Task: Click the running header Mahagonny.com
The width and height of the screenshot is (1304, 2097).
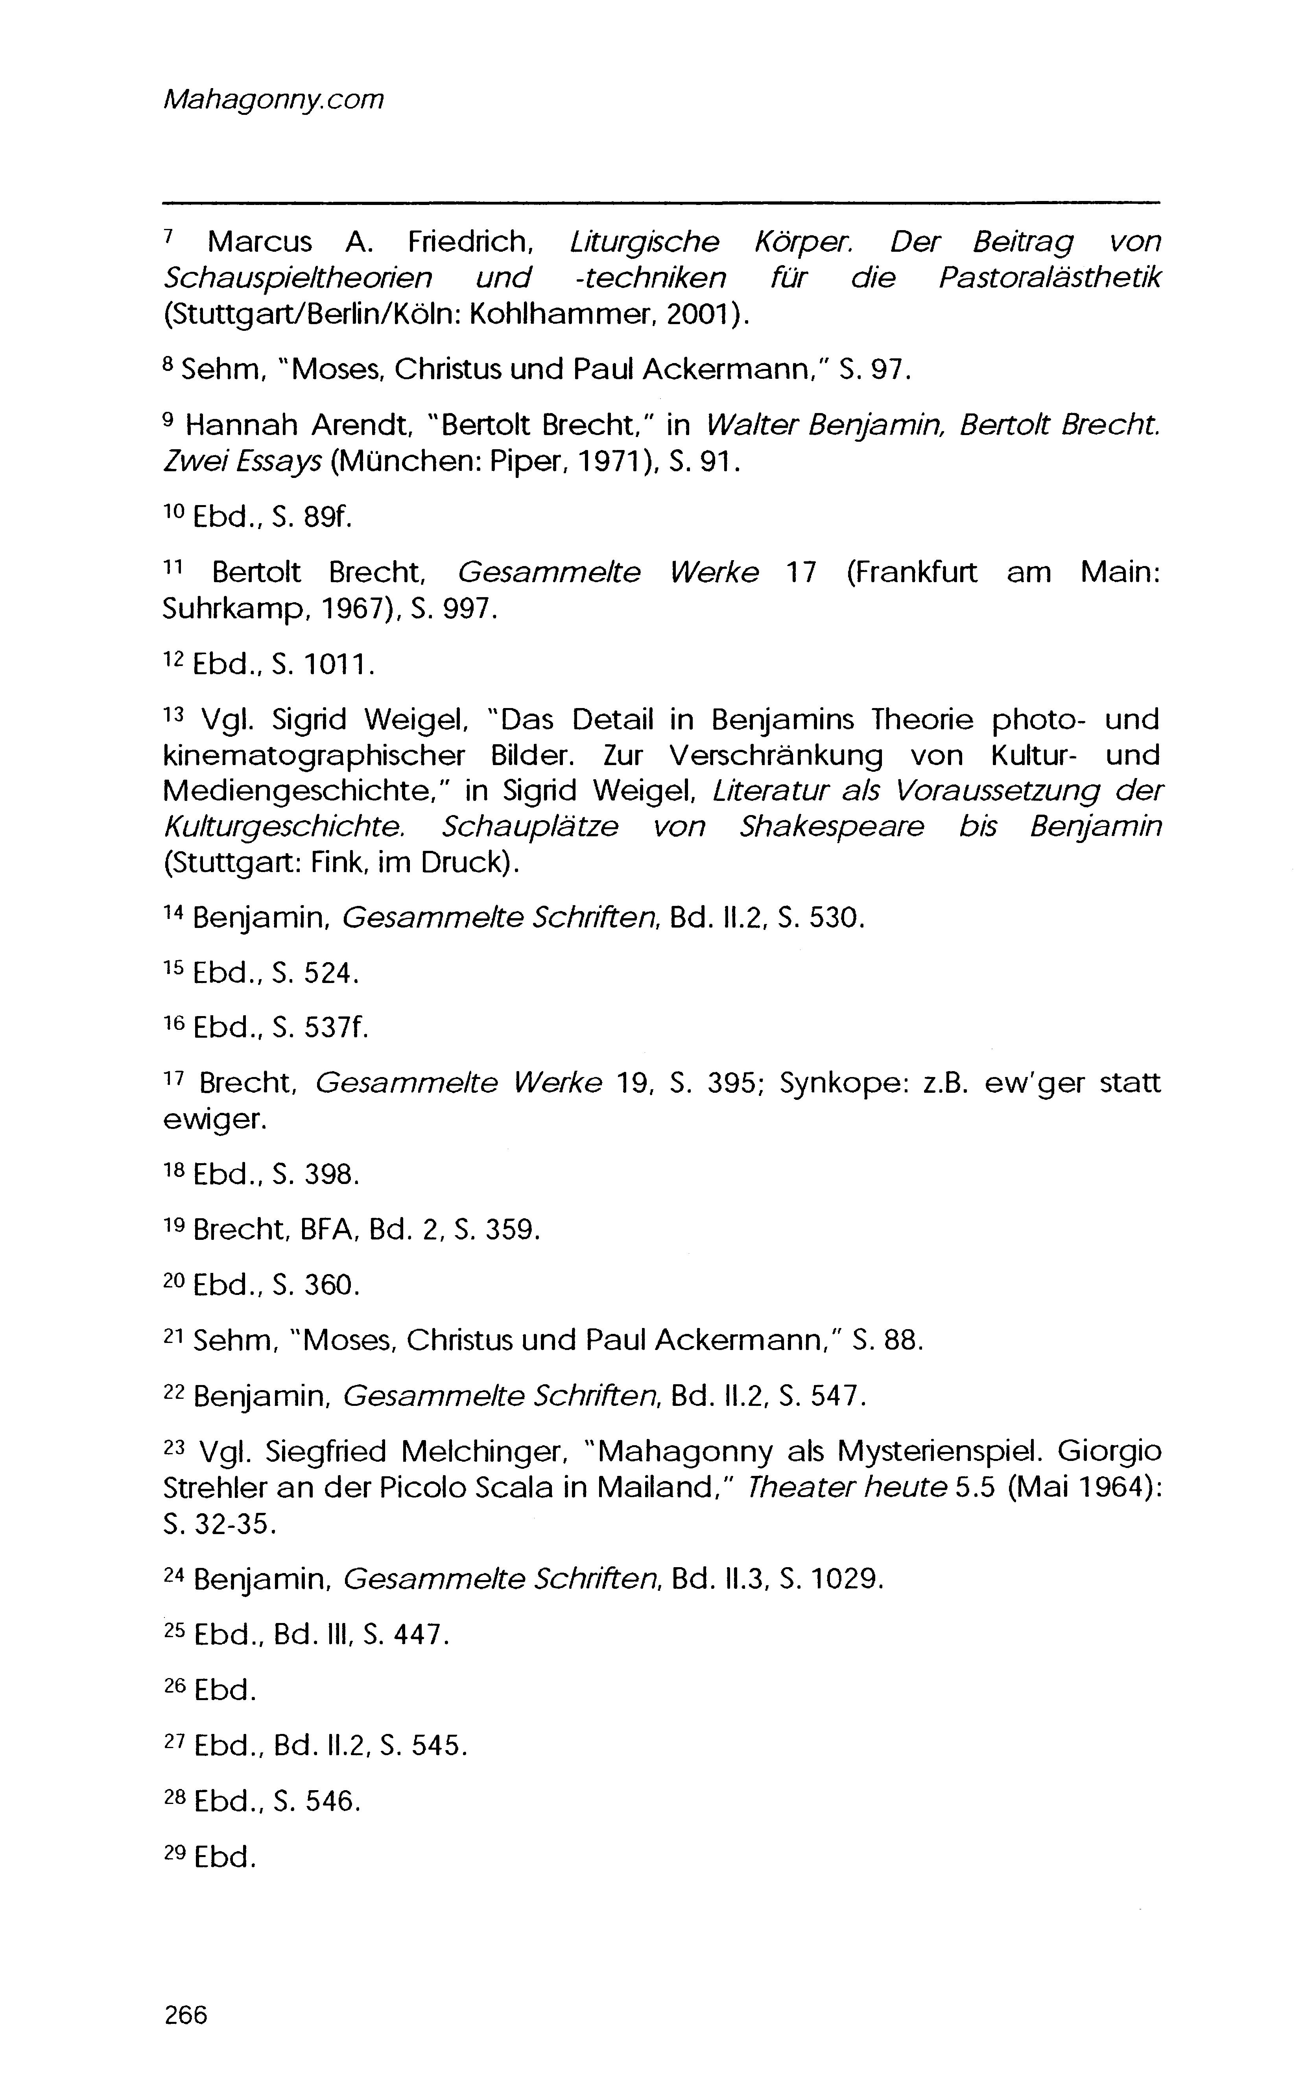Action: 273,100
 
